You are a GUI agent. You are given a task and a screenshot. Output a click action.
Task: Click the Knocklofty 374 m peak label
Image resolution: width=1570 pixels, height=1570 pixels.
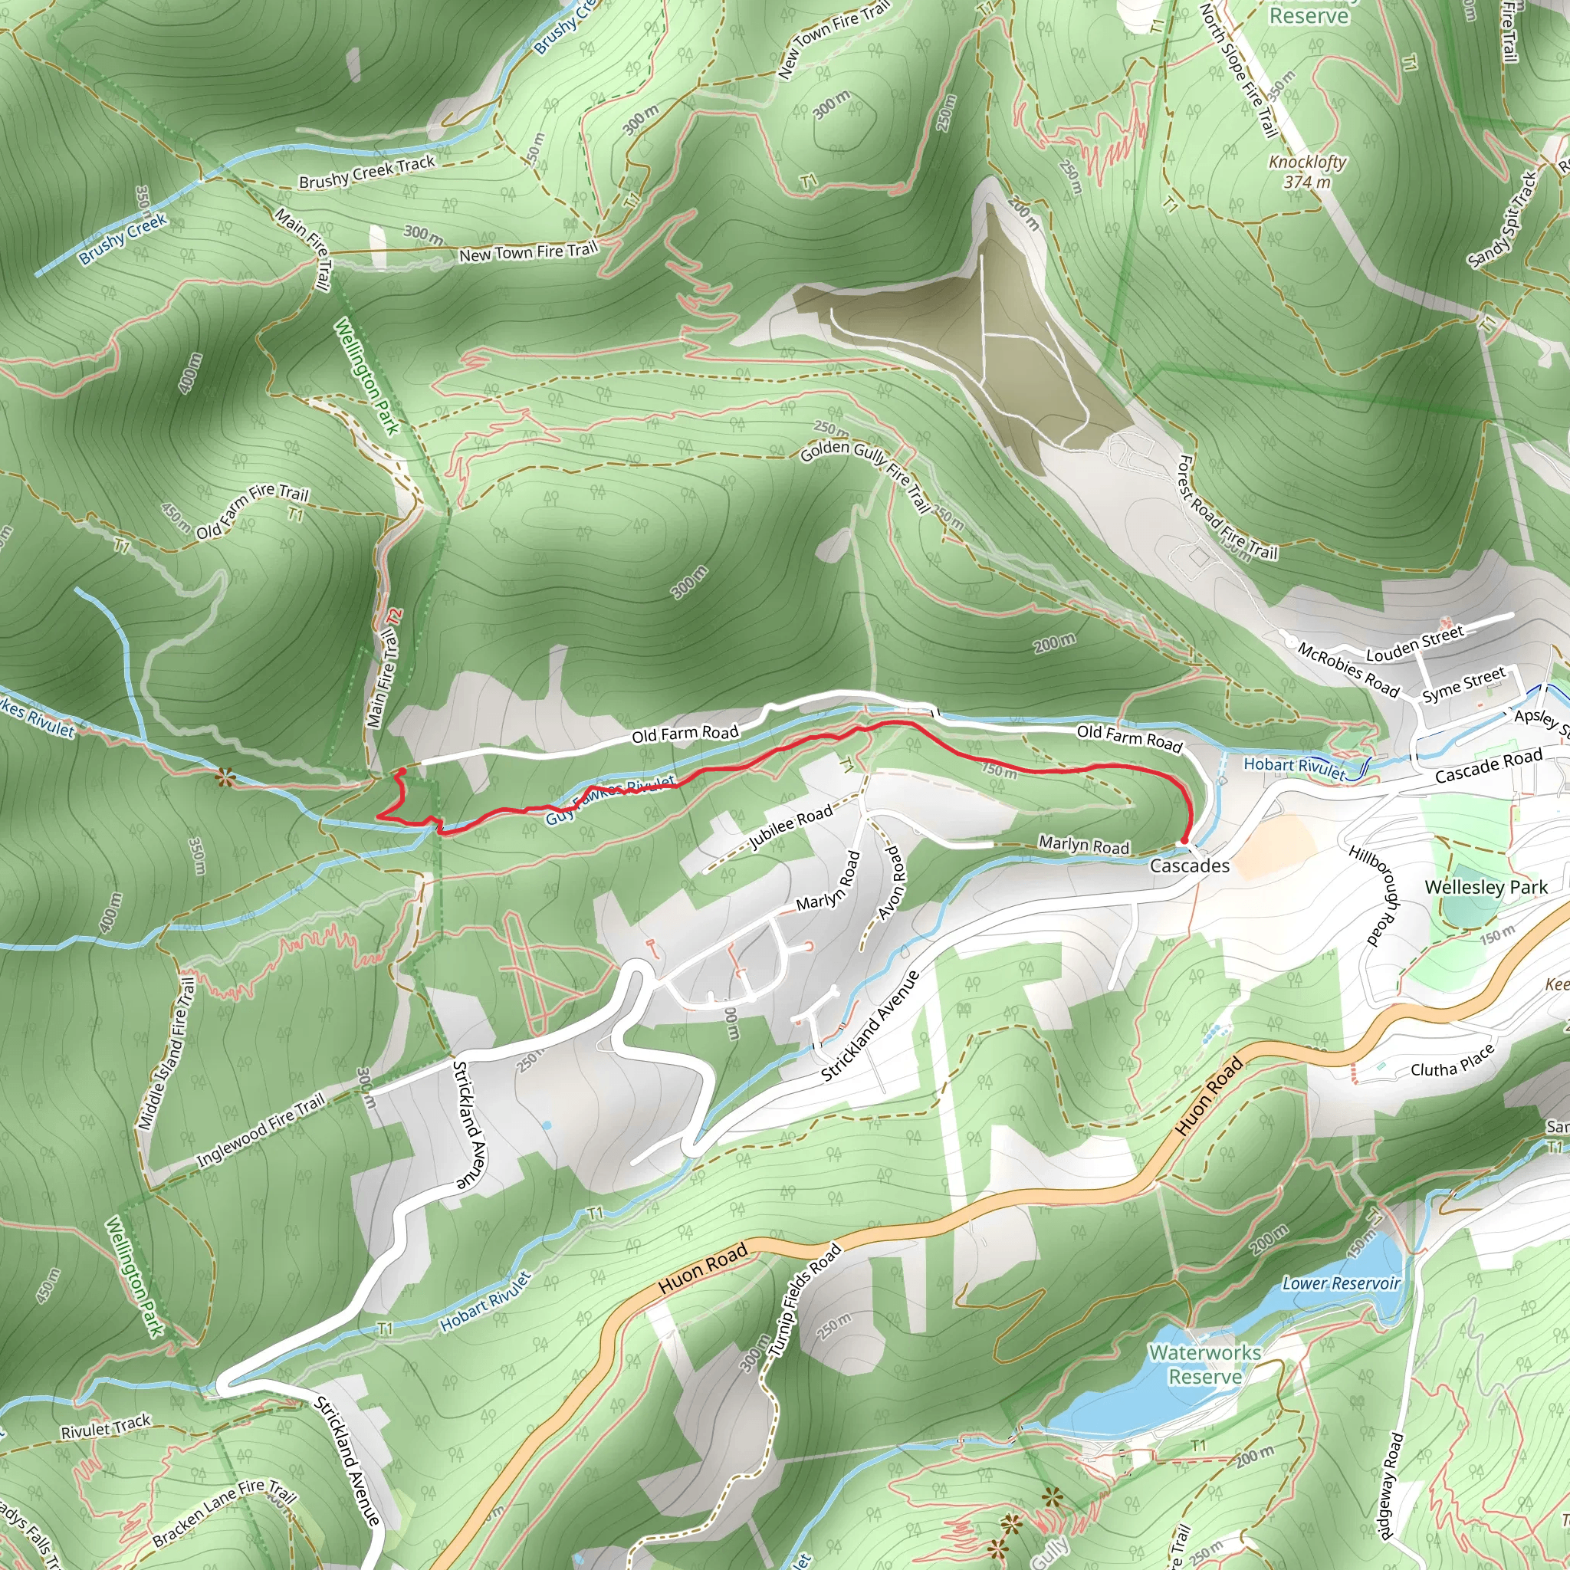[x=1307, y=172]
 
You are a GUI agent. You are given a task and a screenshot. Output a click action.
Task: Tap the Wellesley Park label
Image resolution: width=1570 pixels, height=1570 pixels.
[x=1486, y=887]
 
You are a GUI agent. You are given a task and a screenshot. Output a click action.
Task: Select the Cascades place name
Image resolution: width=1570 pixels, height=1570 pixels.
[x=1189, y=865]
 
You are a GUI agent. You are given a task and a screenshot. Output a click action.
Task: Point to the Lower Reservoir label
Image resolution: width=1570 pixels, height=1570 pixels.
[x=1341, y=1284]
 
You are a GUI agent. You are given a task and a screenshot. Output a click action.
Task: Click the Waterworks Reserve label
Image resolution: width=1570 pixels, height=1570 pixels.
[x=1204, y=1365]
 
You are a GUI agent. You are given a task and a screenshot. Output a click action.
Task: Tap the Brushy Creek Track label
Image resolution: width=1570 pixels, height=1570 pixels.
[x=366, y=172]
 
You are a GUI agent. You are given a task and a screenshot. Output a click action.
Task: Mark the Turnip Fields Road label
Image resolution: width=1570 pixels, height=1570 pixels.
[x=803, y=1301]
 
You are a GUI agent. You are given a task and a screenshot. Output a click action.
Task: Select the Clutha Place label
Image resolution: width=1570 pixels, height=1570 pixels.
[x=1452, y=1059]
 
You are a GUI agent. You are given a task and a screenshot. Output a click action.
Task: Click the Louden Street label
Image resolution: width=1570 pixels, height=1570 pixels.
[x=1415, y=642]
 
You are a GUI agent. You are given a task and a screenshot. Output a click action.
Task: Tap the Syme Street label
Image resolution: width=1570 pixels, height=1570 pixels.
[x=1463, y=685]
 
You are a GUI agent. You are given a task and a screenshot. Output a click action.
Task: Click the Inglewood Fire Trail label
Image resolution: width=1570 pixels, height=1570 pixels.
[x=261, y=1131]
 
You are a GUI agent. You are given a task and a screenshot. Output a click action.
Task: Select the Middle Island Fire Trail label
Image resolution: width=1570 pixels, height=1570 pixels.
[x=166, y=1054]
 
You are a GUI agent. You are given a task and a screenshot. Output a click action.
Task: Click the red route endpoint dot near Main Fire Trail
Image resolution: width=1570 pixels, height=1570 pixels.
[x=402, y=771]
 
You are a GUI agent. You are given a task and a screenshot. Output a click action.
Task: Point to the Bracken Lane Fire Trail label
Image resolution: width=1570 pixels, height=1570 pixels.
[x=224, y=1513]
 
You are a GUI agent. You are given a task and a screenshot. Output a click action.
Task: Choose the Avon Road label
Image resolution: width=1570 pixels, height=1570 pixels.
[x=892, y=882]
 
